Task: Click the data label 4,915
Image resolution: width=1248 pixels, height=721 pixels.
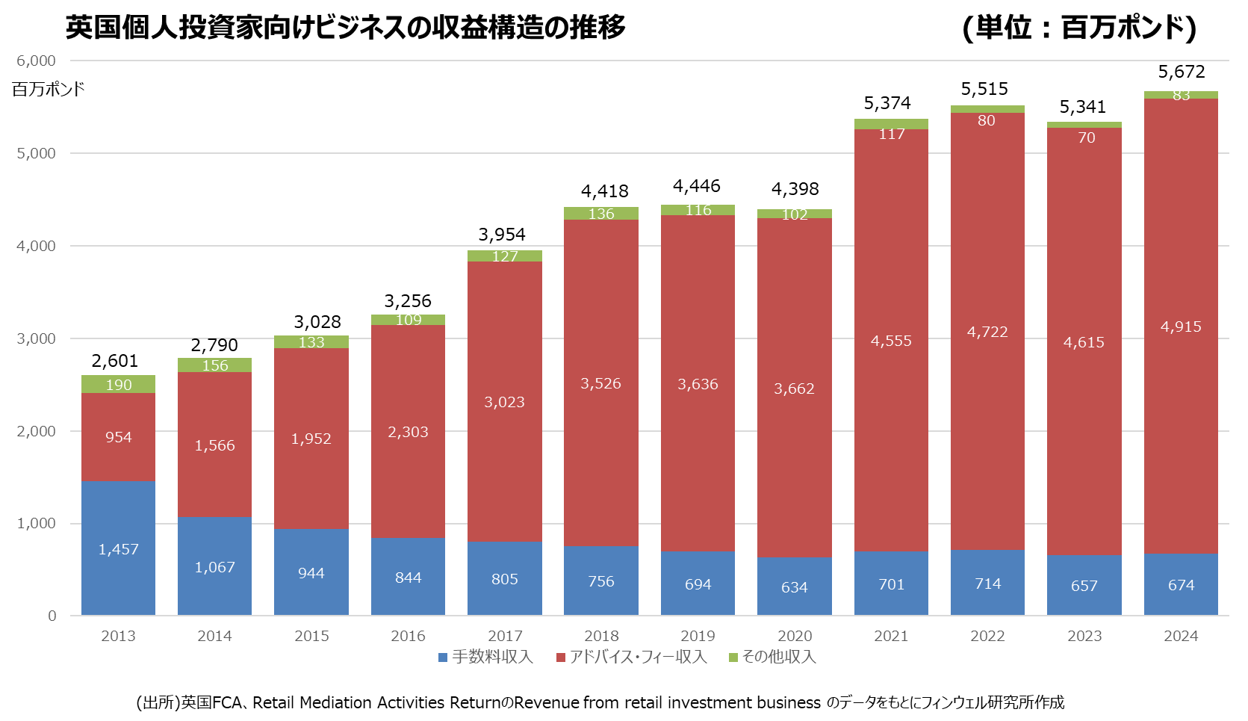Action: tap(1181, 327)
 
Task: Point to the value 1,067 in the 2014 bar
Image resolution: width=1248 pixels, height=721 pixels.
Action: tap(214, 567)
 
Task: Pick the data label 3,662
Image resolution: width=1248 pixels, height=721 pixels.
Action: tap(794, 389)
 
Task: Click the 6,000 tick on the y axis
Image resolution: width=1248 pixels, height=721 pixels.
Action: tap(36, 61)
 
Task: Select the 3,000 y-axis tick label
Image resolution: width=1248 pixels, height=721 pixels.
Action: tap(36, 338)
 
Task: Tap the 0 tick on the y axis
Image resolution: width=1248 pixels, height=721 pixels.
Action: tap(52, 616)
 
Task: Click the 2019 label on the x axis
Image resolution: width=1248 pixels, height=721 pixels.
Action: tap(698, 636)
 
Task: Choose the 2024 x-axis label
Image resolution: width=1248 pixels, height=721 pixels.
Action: tap(1181, 636)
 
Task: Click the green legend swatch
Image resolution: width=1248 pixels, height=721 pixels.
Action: tap(733, 657)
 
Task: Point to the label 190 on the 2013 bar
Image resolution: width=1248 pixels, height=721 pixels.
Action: tap(119, 385)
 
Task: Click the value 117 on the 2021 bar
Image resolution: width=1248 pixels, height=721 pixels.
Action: tap(892, 134)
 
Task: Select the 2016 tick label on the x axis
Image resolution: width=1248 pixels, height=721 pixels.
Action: tap(408, 636)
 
